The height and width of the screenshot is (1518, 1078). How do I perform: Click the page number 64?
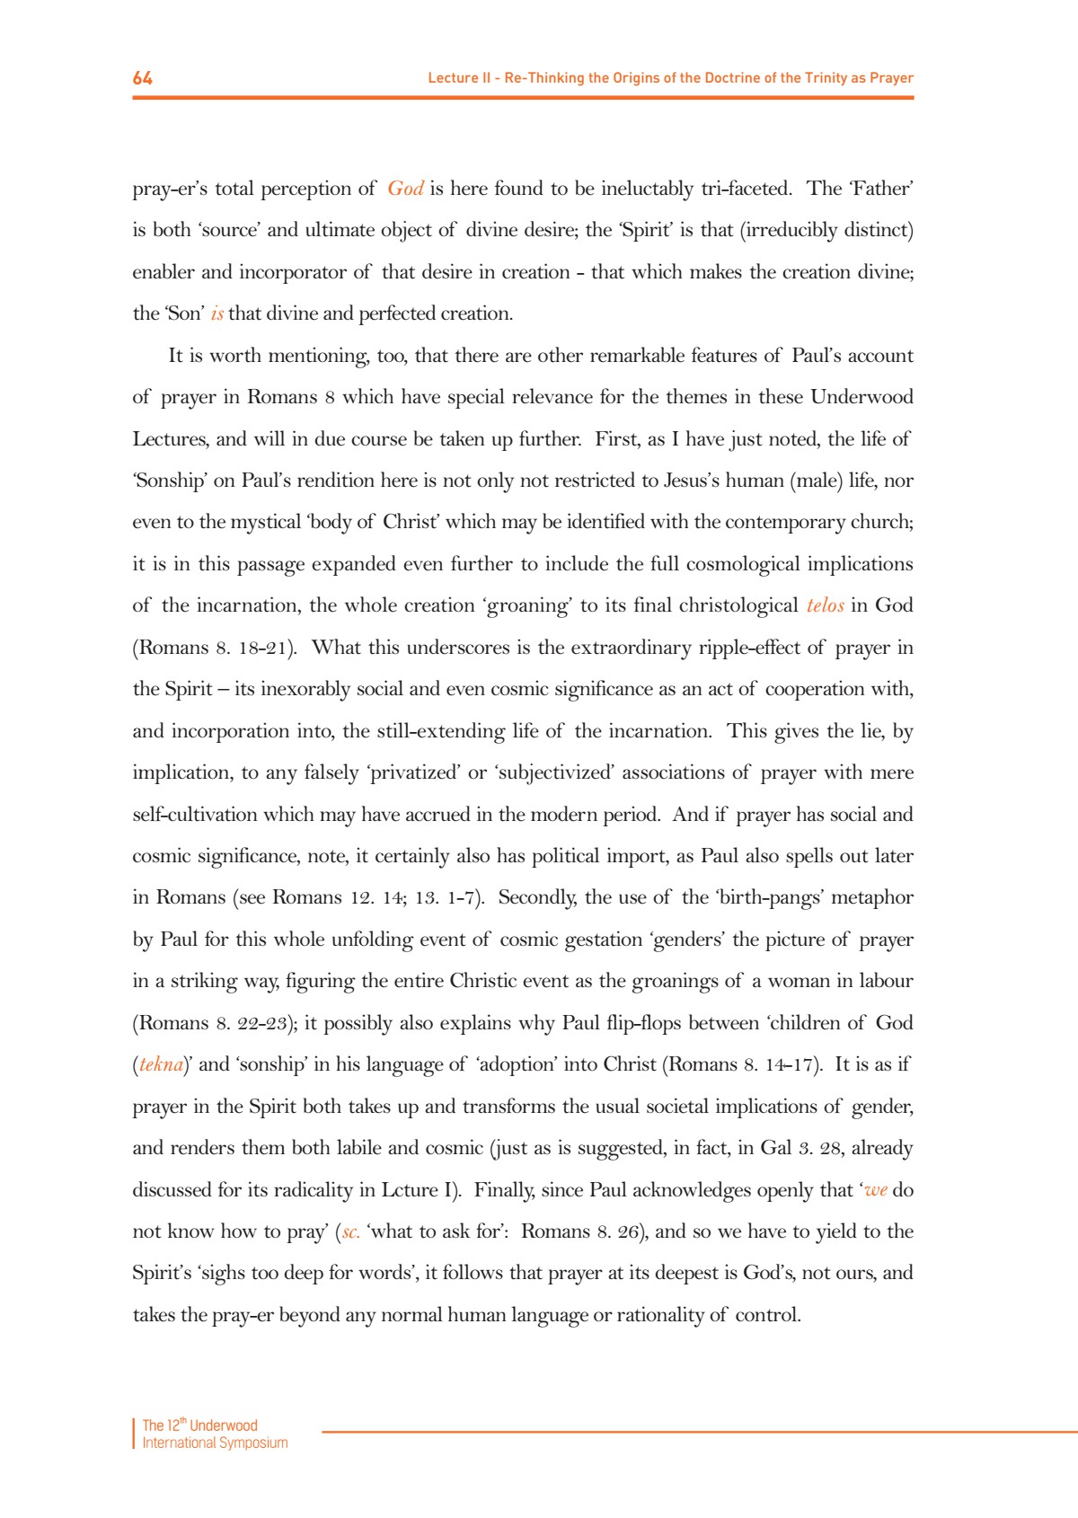pyautogui.click(x=143, y=78)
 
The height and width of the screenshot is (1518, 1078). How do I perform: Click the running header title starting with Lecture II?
pyautogui.click(x=670, y=78)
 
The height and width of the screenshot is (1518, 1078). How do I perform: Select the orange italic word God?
pyautogui.click(x=405, y=189)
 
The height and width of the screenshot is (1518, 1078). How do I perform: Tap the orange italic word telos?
pyautogui.click(x=825, y=605)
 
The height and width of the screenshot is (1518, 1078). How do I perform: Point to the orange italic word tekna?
pyautogui.click(x=162, y=1064)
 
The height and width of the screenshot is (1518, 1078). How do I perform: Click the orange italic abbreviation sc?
pyautogui.click(x=351, y=1231)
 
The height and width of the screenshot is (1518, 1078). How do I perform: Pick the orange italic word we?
pyautogui.click(x=875, y=1190)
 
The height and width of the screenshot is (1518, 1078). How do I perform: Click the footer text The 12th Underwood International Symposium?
pyautogui.click(x=215, y=1434)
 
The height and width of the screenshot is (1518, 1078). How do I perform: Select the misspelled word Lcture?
pyautogui.click(x=409, y=1190)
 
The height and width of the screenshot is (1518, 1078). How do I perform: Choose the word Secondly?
pyautogui.click(x=537, y=897)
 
